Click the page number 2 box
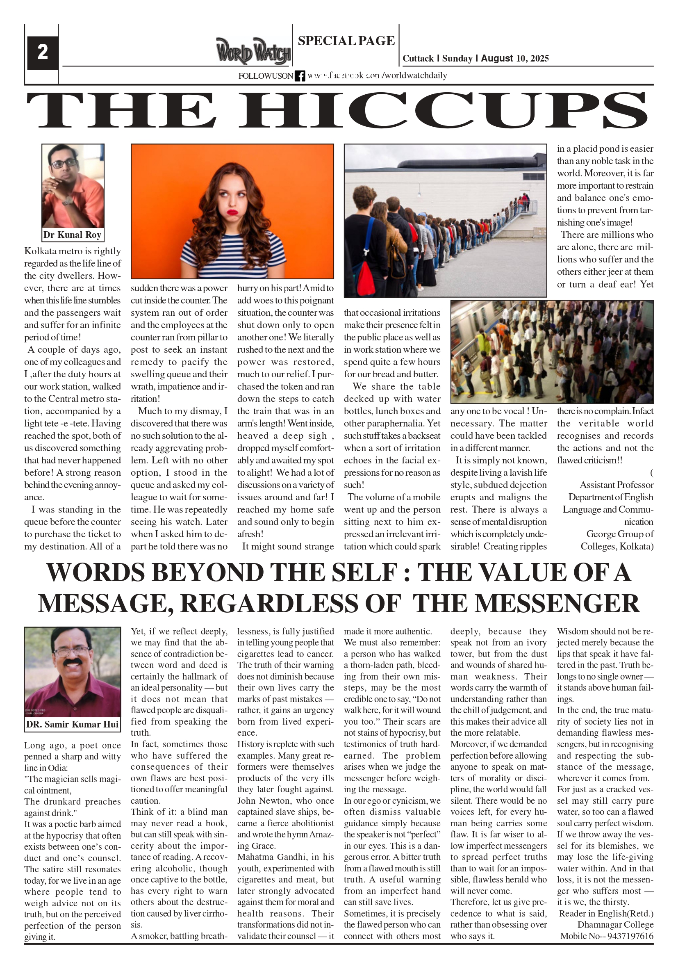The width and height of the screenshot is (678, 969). (43, 52)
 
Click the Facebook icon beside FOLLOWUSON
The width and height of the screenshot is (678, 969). (300, 76)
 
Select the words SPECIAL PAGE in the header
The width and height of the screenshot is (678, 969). (346, 41)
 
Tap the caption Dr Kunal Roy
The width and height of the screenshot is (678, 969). (72, 235)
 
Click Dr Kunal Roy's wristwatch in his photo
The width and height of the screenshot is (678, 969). (68, 201)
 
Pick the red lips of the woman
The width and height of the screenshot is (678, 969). (232, 210)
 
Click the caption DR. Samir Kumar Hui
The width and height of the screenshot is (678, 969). (72, 724)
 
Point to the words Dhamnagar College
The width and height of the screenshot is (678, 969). (615, 925)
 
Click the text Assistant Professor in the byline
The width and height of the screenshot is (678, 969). (617, 485)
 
